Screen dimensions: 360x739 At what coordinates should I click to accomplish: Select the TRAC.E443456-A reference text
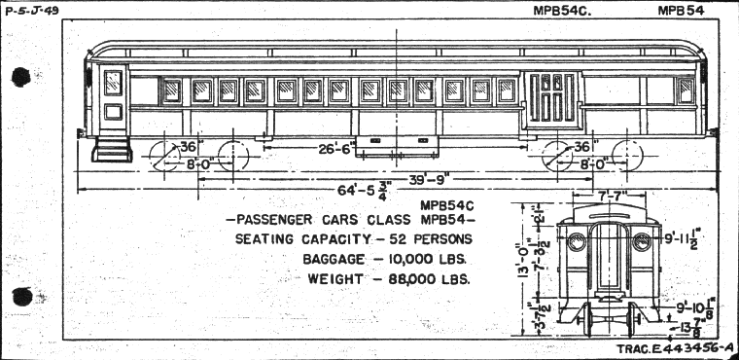click(674, 348)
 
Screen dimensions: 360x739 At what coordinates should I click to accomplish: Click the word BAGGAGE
click(336, 260)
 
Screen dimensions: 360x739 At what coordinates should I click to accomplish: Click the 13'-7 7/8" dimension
click(694, 327)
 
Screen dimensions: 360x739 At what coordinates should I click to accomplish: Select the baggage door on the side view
click(550, 99)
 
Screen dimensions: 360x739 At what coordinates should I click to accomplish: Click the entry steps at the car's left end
click(110, 148)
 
